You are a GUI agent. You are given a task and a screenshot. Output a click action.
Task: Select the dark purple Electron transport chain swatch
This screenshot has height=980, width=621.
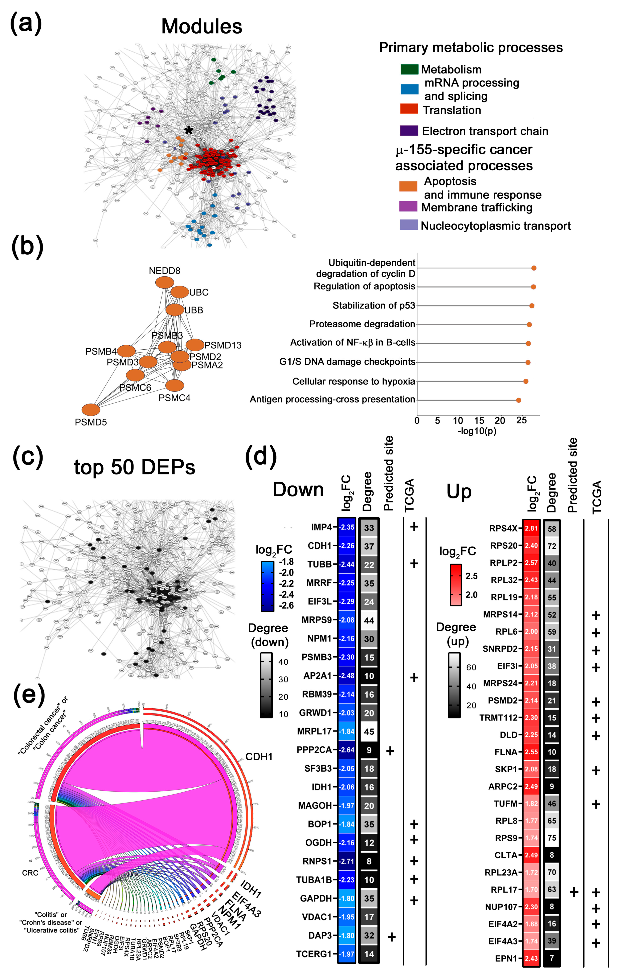409,131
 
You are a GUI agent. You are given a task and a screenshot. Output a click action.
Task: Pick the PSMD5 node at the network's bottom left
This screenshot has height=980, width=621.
91,410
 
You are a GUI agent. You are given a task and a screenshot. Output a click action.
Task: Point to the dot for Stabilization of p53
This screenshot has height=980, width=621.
531,306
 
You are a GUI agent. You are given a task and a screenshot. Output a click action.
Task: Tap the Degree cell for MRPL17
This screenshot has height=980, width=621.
369,731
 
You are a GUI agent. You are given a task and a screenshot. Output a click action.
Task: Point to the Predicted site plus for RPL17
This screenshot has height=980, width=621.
574,892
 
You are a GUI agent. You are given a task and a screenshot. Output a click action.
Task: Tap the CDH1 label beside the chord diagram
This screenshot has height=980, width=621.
259,757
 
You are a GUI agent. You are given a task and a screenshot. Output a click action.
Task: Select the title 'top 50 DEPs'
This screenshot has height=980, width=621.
134,467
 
